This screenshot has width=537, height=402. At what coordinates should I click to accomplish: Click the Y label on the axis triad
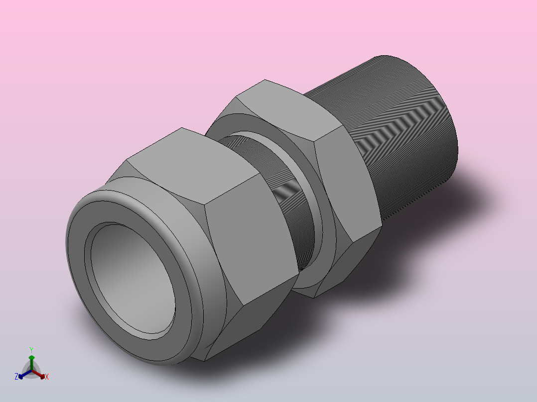point(31,349)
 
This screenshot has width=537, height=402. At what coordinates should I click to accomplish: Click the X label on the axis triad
point(47,377)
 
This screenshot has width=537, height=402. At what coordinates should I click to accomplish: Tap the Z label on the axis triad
point(16,377)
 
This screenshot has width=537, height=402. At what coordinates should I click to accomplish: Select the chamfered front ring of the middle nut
point(227,124)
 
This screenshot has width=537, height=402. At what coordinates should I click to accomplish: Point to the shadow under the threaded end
point(448,224)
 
